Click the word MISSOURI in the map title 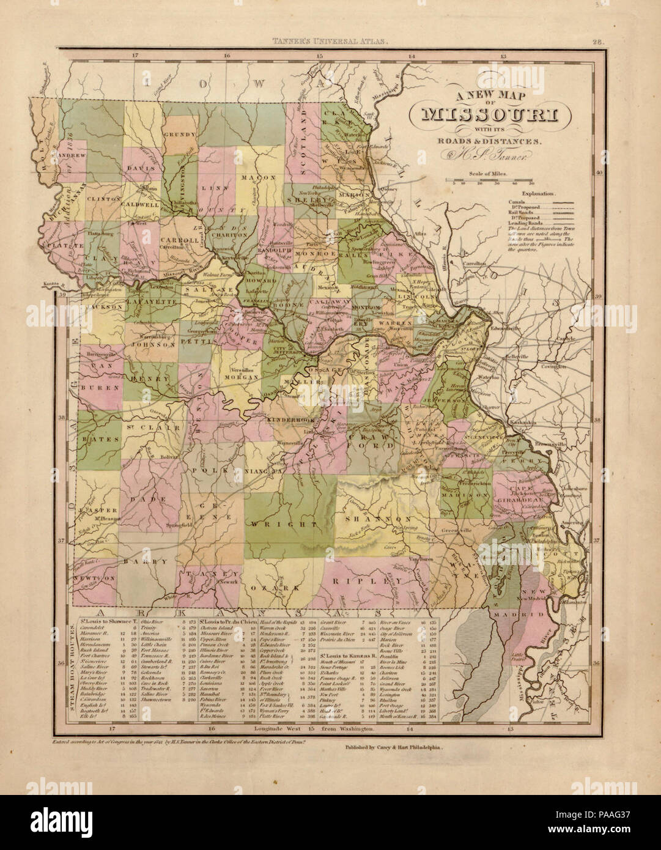coord(489,114)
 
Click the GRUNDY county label coord(179,135)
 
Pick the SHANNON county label coord(369,519)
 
